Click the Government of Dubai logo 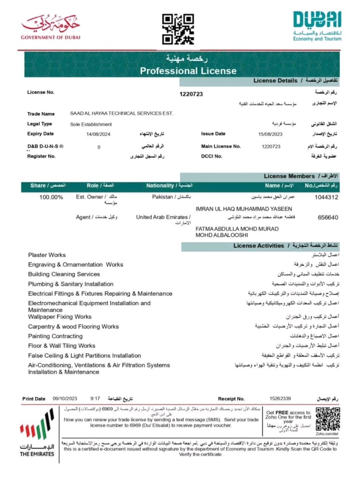(x=51, y=27)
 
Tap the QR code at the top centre (x=178, y=29)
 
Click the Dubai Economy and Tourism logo (x=317, y=26)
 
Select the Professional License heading (x=188, y=71)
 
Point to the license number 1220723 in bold (x=191, y=94)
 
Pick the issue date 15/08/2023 (x=270, y=134)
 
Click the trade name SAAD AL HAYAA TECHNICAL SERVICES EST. (x=122, y=113)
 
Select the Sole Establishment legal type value (x=91, y=124)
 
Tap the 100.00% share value (x=51, y=197)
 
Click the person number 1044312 (x=326, y=197)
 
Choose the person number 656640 (x=328, y=217)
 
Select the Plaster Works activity (x=47, y=255)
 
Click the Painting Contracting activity (x=55, y=336)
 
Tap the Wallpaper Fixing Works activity (x=60, y=317)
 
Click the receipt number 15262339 (x=280, y=399)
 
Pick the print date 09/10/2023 (x=65, y=399)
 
